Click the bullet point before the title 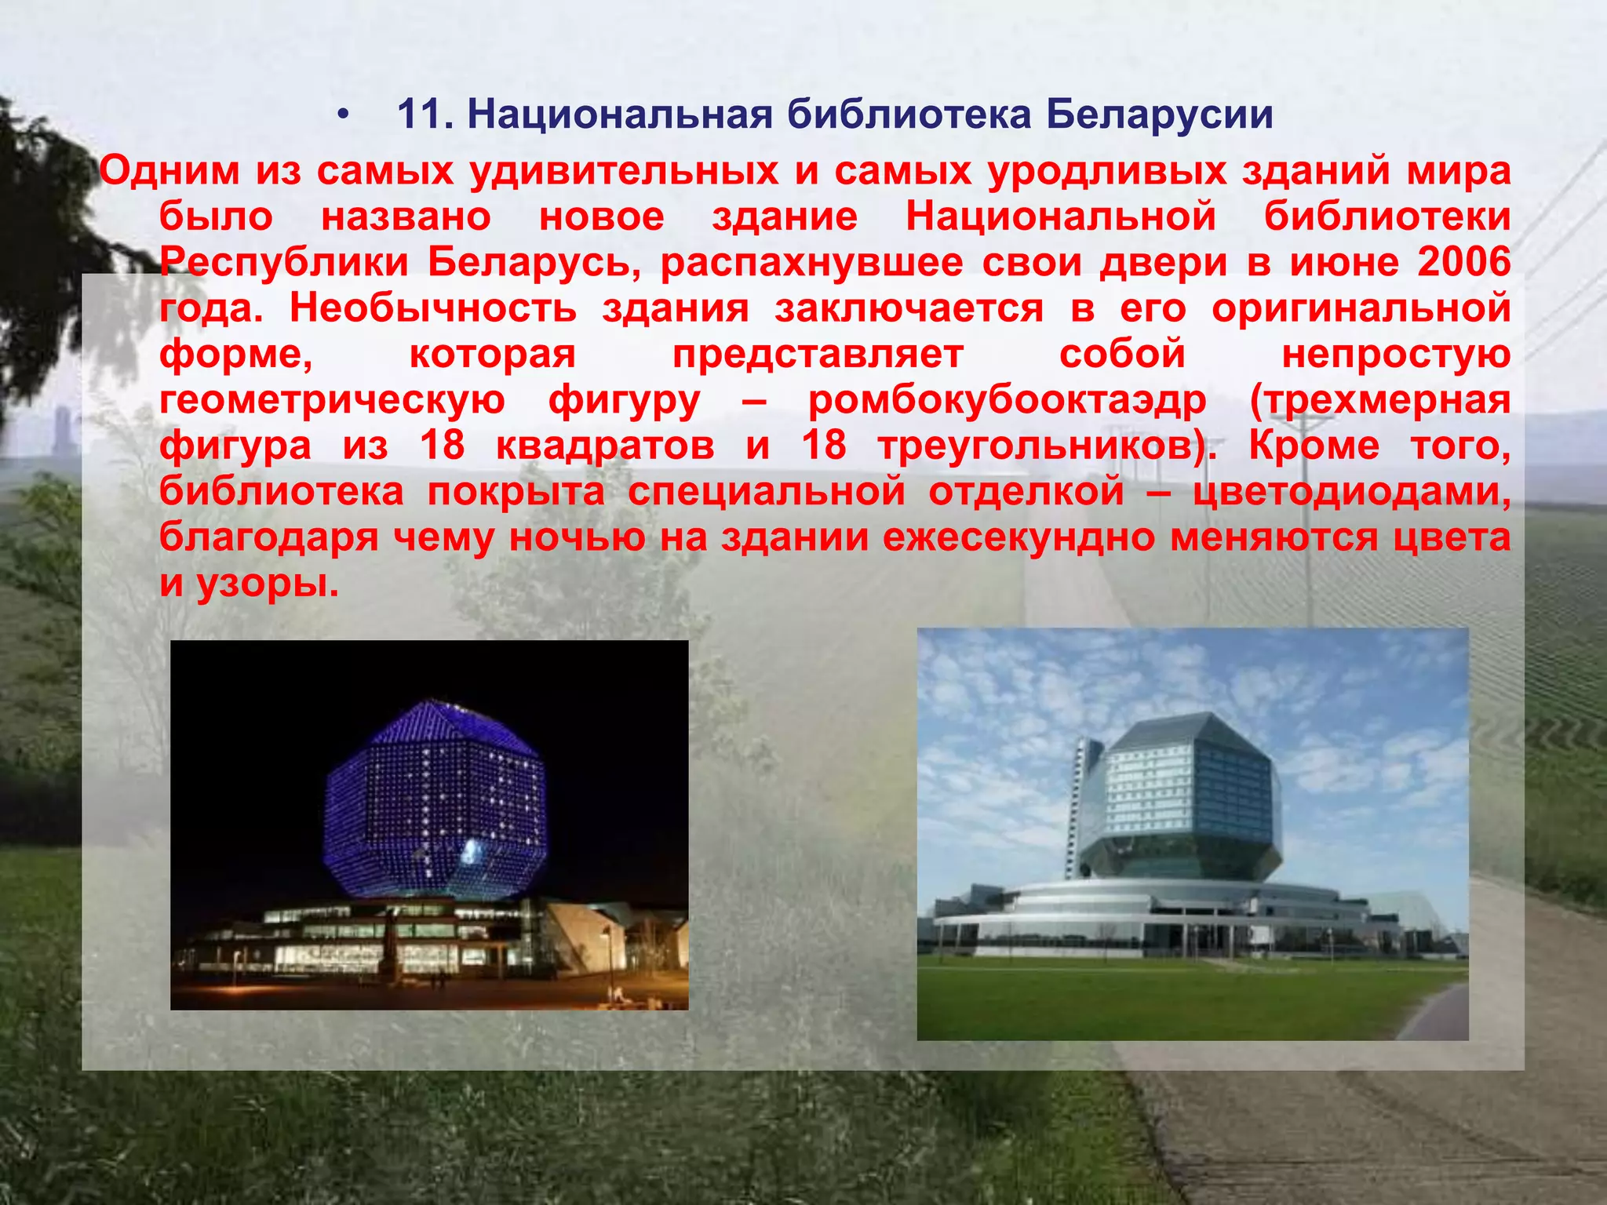[x=341, y=116]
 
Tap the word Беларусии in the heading [x=1159, y=115]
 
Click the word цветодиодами [x=1351, y=492]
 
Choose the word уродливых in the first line [x=1106, y=171]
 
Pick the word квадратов [x=605, y=446]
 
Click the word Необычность [x=433, y=308]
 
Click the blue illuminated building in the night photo [x=434, y=800]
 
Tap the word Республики [x=284, y=262]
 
